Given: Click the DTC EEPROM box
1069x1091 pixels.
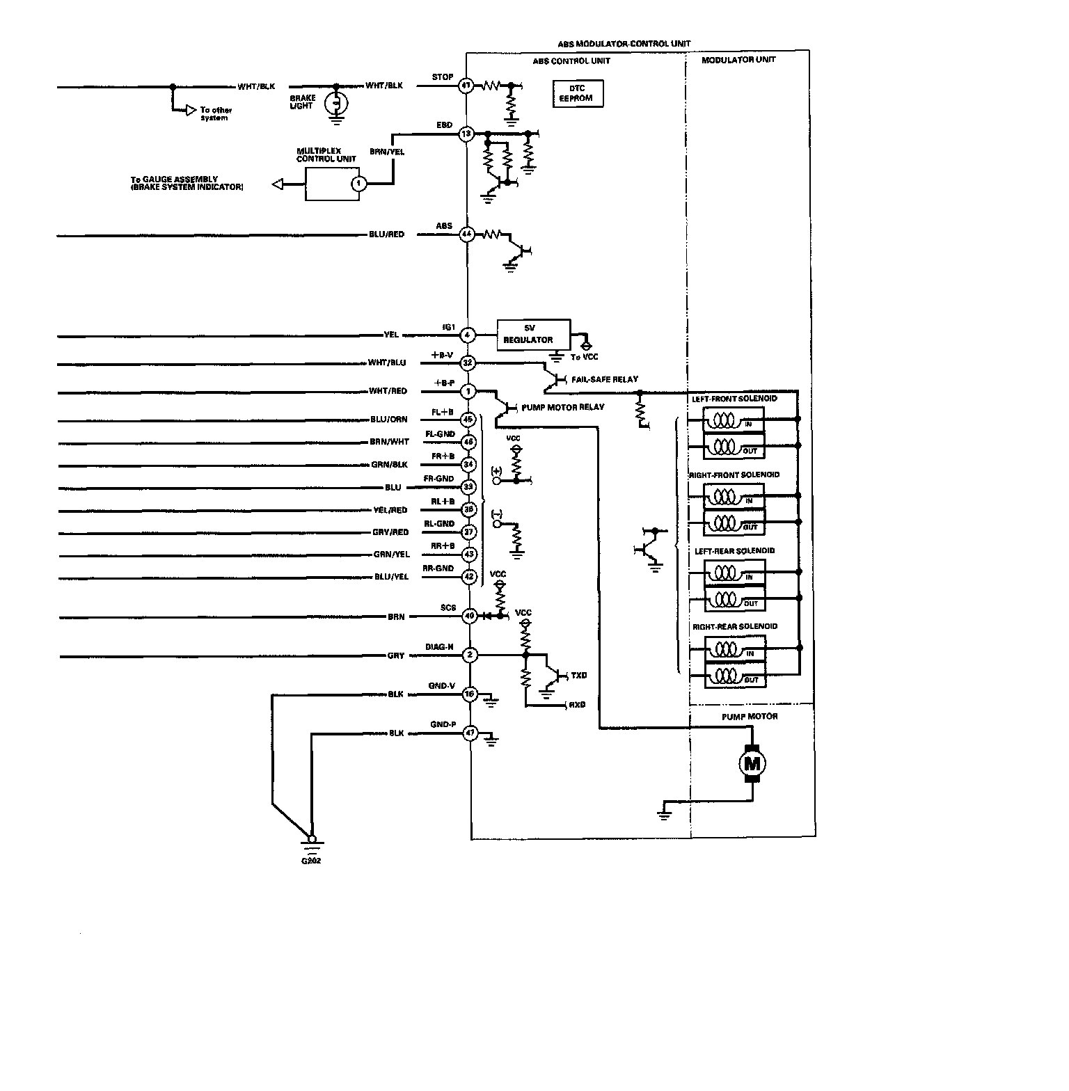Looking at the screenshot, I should [x=577, y=93].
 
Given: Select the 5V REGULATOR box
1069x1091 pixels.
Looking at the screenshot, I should [x=533, y=334].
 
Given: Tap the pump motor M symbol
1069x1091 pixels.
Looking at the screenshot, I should [x=752, y=763].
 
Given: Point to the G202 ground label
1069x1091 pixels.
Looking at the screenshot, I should [x=311, y=860].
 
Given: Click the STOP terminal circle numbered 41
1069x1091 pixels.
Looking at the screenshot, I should [x=466, y=86].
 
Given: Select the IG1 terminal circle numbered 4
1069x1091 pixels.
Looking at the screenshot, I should [x=468, y=335].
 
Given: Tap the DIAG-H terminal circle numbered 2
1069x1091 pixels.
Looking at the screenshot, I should [x=470, y=655].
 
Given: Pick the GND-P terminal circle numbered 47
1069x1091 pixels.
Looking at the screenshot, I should [x=470, y=733].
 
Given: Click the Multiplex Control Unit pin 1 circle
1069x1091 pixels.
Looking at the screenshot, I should [x=358, y=184].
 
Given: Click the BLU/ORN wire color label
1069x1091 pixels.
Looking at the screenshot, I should [x=389, y=420].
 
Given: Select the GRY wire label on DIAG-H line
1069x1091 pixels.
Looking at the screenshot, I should [x=396, y=655].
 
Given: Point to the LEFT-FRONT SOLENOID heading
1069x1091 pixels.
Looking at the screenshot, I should [x=734, y=399].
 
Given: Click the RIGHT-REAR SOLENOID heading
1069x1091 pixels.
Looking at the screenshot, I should [x=734, y=626].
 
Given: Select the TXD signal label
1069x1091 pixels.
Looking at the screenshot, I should [x=578, y=675].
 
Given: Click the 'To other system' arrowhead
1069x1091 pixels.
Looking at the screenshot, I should [x=190, y=110].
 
